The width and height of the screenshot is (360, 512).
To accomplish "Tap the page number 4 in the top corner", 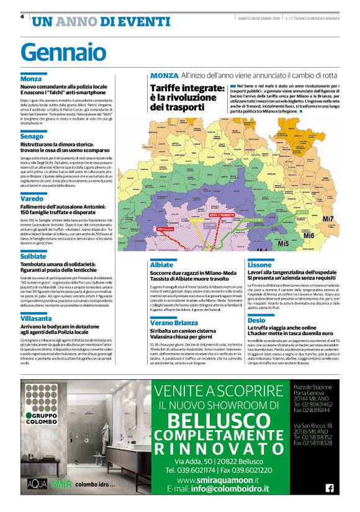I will [22, 17].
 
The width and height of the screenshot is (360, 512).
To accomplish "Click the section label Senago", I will [32, 135].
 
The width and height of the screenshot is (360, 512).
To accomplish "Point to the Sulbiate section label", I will [34, 256].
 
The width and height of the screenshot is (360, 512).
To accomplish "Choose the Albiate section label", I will [162, 265].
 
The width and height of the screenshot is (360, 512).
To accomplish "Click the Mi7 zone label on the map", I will [328, 219].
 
